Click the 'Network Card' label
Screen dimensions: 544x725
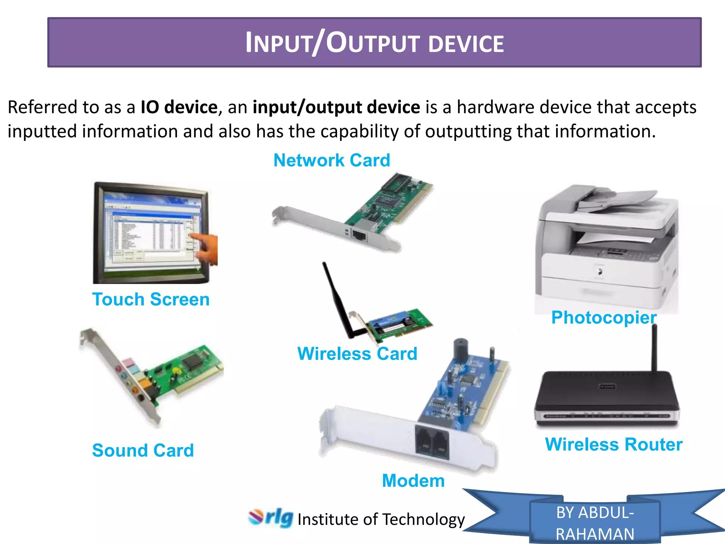(332, 160)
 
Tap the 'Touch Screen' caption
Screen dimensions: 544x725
(151, 300)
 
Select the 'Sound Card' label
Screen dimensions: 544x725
(143, 450)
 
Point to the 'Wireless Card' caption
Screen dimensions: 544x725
(357, 354)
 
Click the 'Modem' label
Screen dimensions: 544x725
(413, 481)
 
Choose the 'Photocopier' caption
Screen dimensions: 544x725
(604, 318)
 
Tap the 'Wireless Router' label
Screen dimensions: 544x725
(613, 444)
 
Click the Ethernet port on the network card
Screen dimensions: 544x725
(359, 235)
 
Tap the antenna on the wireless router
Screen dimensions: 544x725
(654, 347)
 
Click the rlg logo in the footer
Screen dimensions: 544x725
(271, 518)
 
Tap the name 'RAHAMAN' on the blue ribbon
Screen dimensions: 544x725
(595, 534)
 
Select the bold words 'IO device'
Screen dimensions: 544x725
(179, 107)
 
